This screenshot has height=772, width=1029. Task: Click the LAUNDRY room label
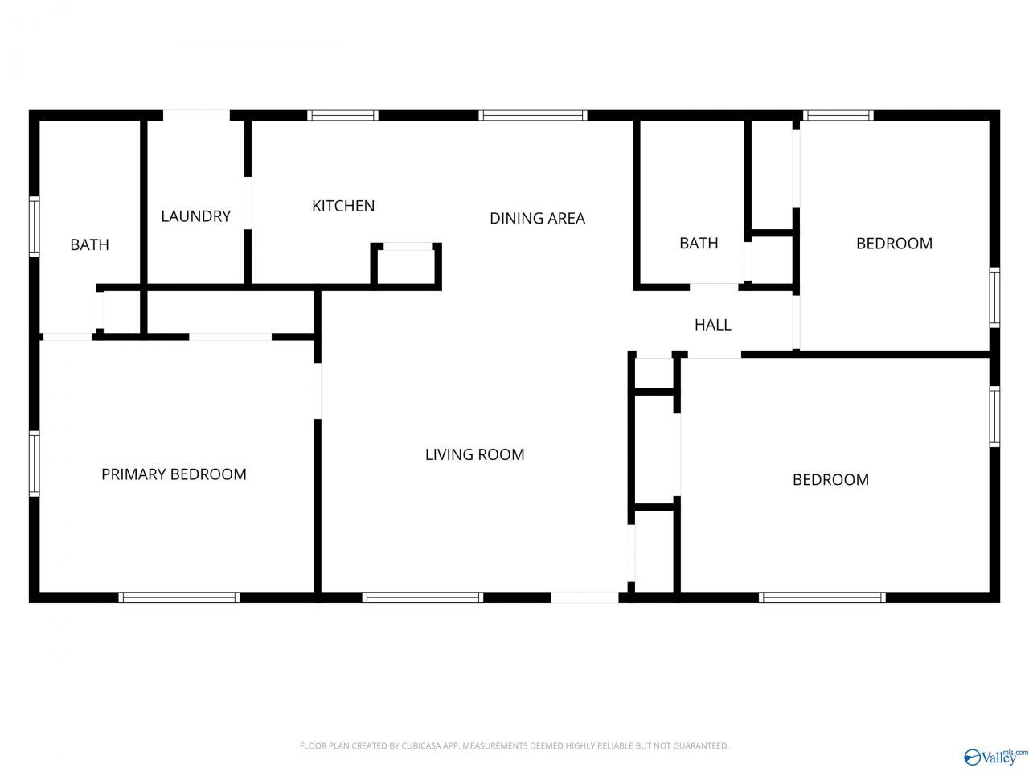point(195,216)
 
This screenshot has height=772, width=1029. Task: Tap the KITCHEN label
point(343,206)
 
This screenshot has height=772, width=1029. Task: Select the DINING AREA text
point(537,218)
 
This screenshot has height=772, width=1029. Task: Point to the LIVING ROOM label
point(474,454)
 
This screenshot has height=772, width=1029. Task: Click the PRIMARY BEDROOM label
point(174,474)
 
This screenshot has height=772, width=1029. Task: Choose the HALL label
point(712,325)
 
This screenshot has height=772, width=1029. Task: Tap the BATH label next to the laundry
point(89,244)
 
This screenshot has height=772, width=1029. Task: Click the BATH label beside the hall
point(699,243)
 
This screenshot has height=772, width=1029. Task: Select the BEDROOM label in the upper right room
point(894,244)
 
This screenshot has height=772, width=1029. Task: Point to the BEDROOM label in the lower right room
point(830,479)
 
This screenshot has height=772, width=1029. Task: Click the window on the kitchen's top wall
point(342,115)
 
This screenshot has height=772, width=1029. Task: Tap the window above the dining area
point(532,115)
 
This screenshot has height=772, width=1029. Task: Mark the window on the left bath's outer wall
point(35,227)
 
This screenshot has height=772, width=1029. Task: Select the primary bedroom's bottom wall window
point(179,597)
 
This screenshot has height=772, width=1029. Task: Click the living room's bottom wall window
point(422,597)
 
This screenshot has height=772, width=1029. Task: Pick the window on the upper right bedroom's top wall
point(838,115)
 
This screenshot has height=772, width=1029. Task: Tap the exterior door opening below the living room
point(584,597)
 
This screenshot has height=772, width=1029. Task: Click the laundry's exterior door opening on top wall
point(196,115)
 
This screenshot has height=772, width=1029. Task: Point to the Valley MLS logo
point(996,756)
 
